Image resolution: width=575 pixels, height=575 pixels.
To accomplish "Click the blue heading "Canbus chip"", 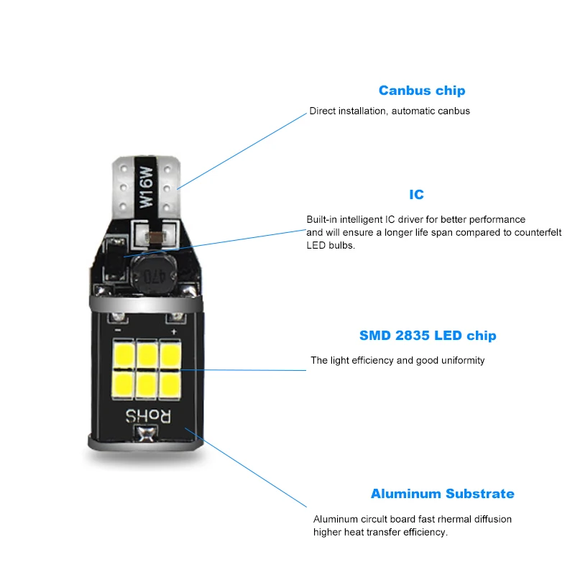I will (422, 91).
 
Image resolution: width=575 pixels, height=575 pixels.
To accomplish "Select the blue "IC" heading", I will (416, 195).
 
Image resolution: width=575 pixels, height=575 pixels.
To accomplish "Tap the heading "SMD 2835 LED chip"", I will (428, 336).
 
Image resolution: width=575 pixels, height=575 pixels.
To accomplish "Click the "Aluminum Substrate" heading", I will (442, 494).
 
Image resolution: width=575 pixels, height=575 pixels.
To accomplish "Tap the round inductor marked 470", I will (150, 273).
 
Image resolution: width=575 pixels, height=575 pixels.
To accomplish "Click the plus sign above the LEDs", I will (173, 332).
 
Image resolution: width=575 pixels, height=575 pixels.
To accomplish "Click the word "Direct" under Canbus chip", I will (323, 111).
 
